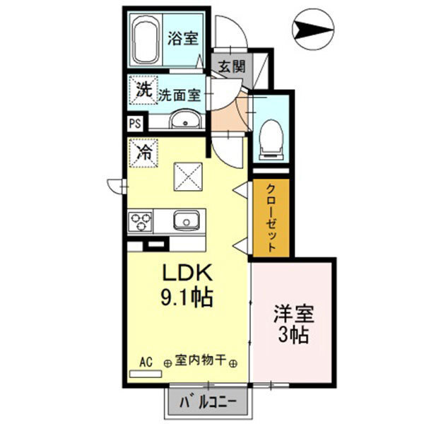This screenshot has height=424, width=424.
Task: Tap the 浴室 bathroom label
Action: click(x=182, y=38)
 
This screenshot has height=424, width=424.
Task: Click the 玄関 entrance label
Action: click(x=230, y=68)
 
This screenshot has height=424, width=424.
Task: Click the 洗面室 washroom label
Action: click(x=179, y=93)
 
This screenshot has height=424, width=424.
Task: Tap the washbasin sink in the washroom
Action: click(x=185, y=121)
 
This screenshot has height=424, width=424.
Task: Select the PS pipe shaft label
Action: click(x=134, y=123)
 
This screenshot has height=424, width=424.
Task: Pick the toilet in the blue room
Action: click(x=270, y=134)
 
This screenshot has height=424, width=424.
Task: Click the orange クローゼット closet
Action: click(x=271, y=218)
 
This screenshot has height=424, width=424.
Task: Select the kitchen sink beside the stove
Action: click(x=186, y=220)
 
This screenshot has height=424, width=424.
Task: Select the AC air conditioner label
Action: click(x=146, y=361)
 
